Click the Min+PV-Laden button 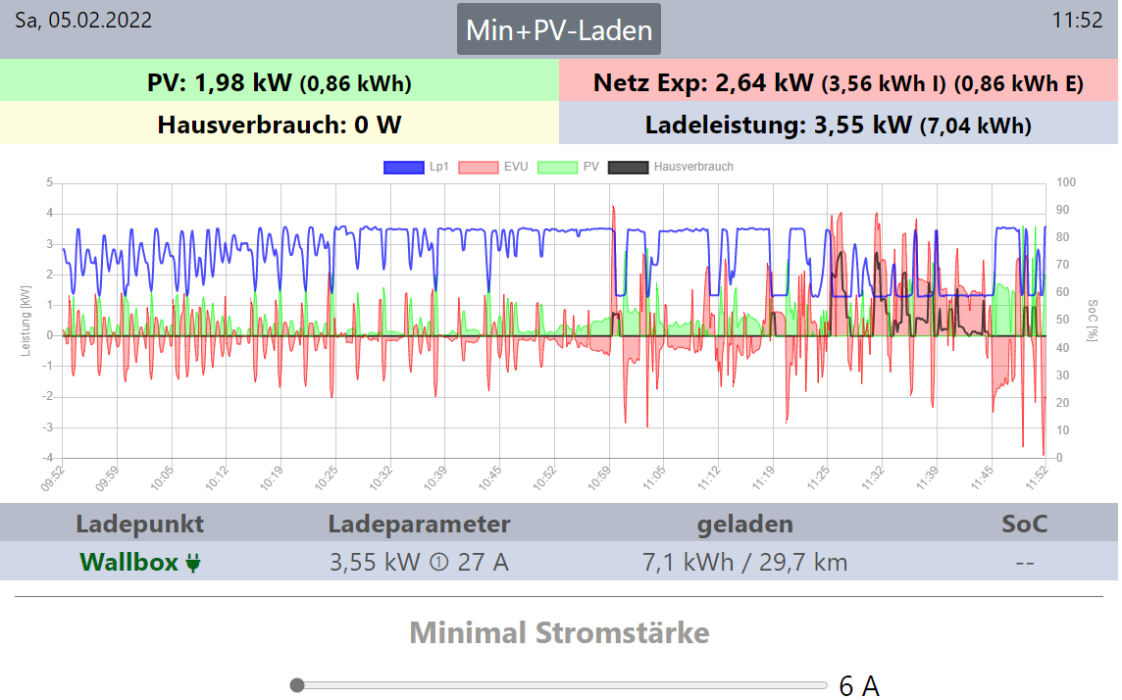pos(559,29)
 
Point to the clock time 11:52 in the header pos(1077,21)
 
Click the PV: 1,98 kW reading pos(279,82)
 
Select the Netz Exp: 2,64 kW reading pos(838,82)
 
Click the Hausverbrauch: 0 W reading pos(279,125)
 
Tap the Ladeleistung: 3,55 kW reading pos(838,125)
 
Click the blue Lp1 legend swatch pos(403,167)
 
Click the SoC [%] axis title pos(1092,320)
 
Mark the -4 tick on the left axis pos(47,458)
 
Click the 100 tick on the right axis pos(1066,182)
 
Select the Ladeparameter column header pos(419,524)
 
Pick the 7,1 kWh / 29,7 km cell pos(744,562)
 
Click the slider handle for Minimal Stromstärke pos(297,685)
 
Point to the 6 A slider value pos(859,686)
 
